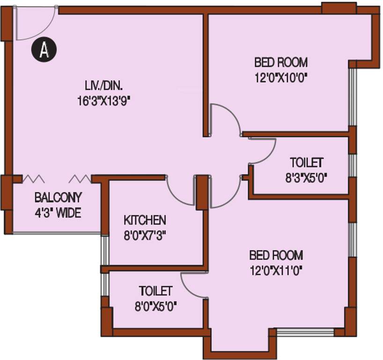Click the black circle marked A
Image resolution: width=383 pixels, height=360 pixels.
[44, 50]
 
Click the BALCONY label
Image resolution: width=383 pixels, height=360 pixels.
[58, 197]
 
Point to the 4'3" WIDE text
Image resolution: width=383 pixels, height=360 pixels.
[58, 213]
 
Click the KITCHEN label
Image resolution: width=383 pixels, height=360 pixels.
[145, 219]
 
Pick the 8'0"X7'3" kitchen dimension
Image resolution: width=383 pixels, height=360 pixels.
[145, 234]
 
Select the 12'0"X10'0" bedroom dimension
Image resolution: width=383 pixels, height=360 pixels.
[281, 76]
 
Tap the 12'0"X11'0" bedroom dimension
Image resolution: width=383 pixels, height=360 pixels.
[276, 270]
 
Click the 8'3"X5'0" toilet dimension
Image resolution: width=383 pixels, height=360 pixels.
[306, 178]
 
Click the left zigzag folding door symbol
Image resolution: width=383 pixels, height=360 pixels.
[33, 179]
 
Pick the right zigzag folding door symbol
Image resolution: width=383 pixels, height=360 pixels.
[80, 179]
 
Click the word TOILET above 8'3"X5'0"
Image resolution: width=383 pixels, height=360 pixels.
[306, 163]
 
